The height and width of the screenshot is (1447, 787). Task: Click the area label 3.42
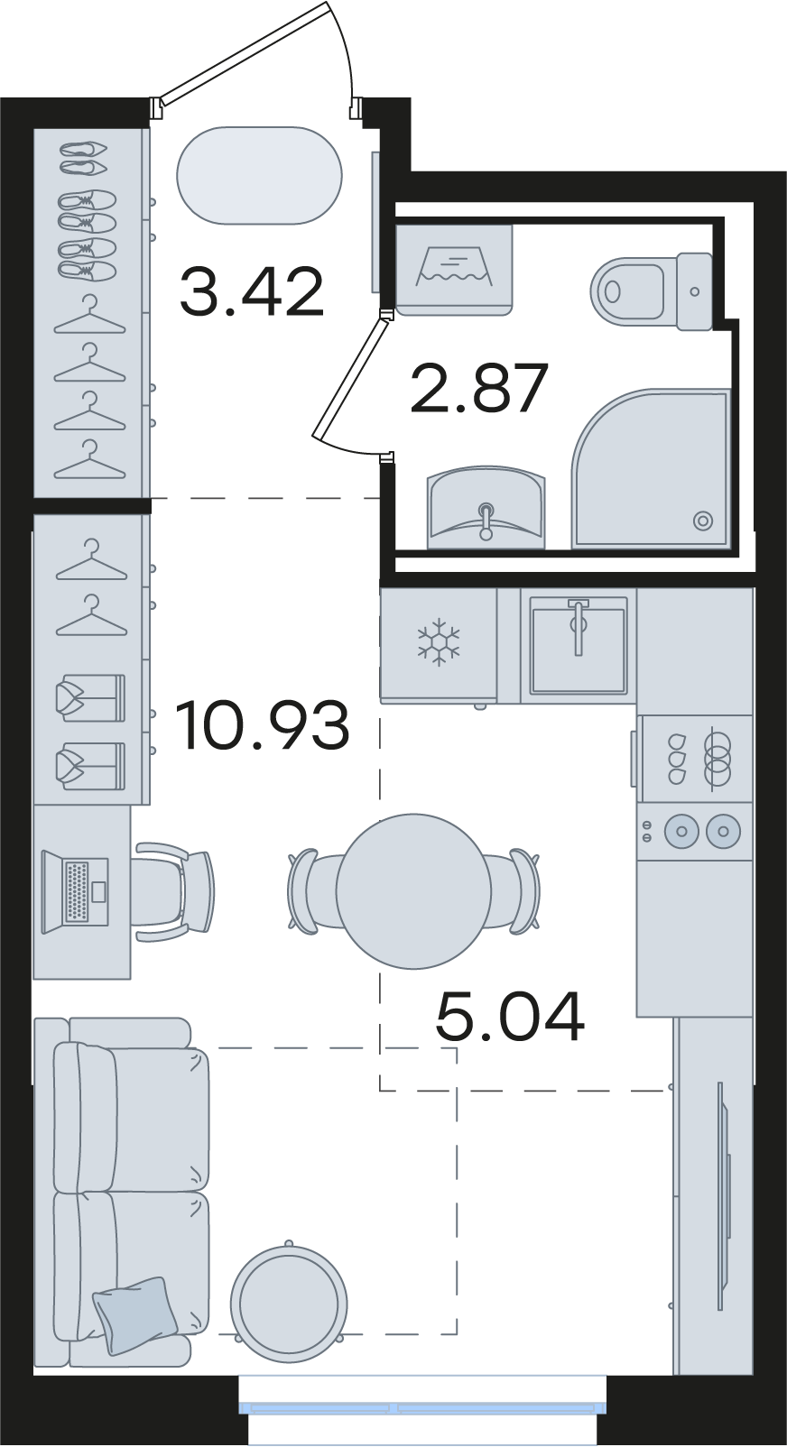pos(251,293)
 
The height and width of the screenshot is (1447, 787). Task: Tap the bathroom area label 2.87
pos(479,388)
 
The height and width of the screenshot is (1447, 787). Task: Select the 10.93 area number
pos(263,727)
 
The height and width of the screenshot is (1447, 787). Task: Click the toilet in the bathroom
pos(652,290)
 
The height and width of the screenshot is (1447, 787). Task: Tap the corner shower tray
pos(650,468)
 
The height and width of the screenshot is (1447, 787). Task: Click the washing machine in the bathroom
pos(454,270)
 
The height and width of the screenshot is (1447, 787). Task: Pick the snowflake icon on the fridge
pos(438,641)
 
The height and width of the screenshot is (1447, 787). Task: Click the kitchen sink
pos(579,645)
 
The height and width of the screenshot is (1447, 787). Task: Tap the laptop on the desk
pos(75,892)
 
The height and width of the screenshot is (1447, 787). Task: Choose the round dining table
pos(414,891)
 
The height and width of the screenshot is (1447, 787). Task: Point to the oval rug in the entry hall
pos(259,176)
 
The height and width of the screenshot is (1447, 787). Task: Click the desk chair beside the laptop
pos(174,890)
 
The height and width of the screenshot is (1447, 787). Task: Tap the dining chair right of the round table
pos(517,891)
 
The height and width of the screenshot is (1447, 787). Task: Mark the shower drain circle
pos(702,520)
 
